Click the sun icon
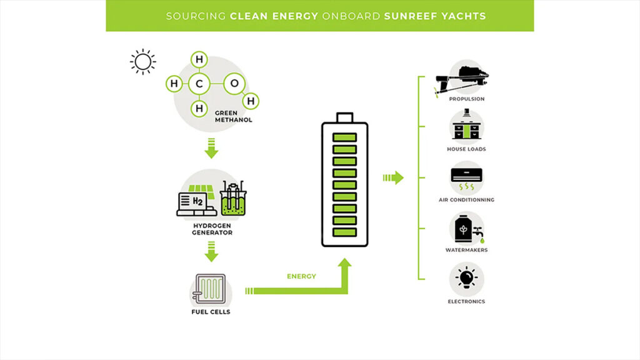pos(142,61)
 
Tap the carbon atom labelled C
pos(199,84)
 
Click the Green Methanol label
pos(233,116)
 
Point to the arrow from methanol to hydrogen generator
pos(211,150)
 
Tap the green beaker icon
pos(234,199)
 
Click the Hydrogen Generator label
pos(211,228)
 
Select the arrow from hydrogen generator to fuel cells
pos(211,254)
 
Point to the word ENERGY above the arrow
pos(301,276)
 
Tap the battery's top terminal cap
pos(344,117)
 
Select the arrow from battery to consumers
pos(393,178)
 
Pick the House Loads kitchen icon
pos(466,127)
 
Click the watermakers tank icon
pos(465,229)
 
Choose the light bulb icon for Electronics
pos(466,279)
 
